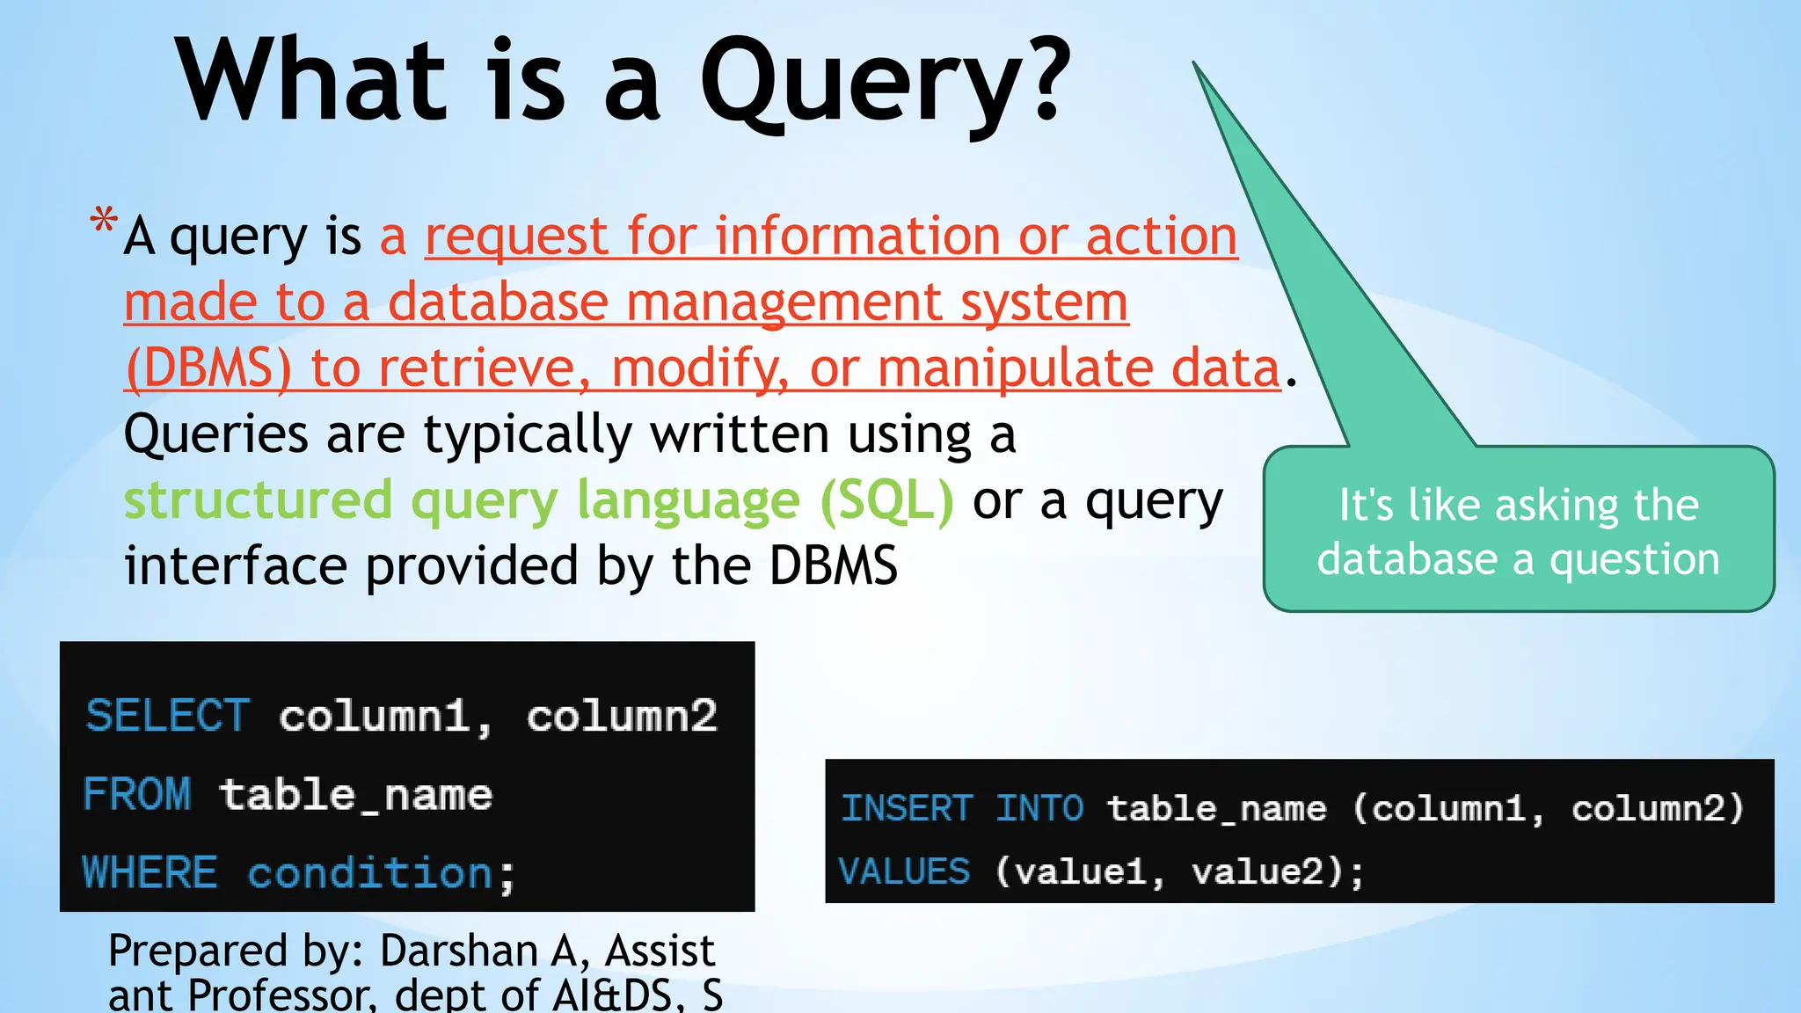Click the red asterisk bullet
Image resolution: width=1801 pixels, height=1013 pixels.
pyautogui.click(x=104, y=221)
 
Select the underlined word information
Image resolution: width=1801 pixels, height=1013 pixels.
pyautogui.click(x=857, y=237)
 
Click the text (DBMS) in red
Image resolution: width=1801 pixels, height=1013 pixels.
pyautogui.click(x=208, y=368)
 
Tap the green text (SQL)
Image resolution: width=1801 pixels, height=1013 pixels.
pyautogui.click(x=886, y=500)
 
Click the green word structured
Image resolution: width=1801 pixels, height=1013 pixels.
pyautogui.click(x=258, y=500)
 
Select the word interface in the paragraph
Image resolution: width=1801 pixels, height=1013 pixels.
pyautogui.click(x=235, y=565)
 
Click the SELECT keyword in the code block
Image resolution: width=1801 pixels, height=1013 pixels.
pyautogui.click(x=168, y=716)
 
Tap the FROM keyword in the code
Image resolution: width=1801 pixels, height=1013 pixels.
pyautogui.click(x=136, y=795)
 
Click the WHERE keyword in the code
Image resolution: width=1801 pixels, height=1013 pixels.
pyautogui.click(x=149, y=873)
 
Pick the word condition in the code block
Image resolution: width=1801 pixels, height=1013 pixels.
pyautogui.click(x=370, y=873)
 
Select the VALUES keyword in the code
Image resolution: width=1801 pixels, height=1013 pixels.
pyautogui.click(x=904, y=871)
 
